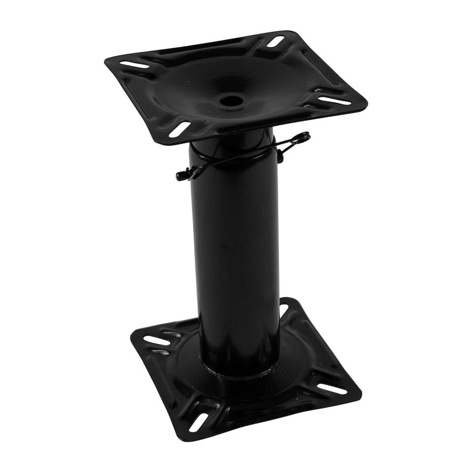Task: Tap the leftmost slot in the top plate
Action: tap(133, 64)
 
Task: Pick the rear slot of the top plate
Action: tap(276, 42)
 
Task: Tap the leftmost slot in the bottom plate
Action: tap(156, 340)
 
